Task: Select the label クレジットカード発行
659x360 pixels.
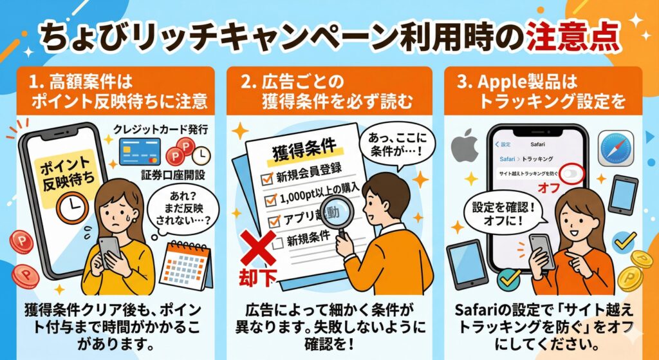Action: (160, 129)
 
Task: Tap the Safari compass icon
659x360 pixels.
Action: (616, 149)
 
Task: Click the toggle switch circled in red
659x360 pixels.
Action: (570, 174)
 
